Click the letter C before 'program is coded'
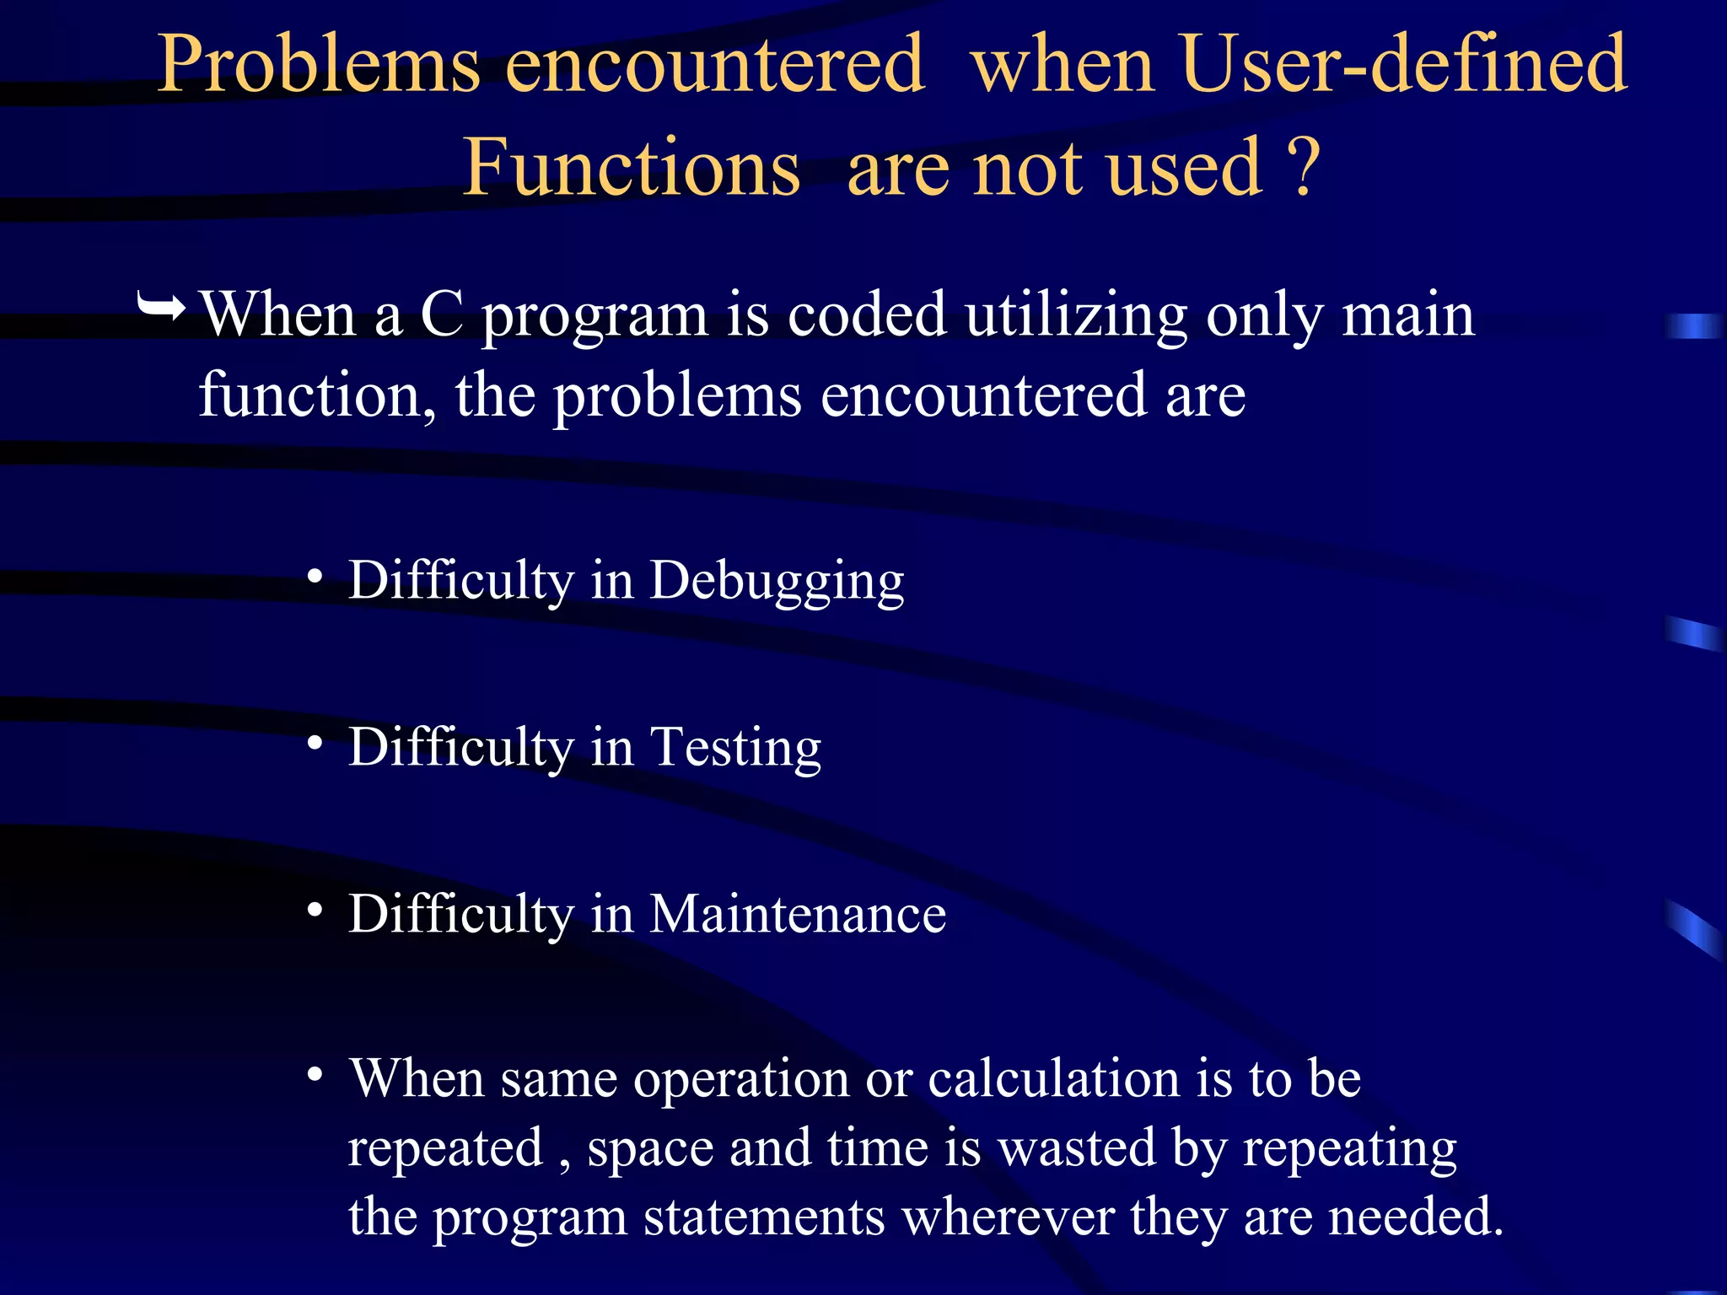point(442,315)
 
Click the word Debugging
point(777,582)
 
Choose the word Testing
point(735,748)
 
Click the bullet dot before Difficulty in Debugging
point(315,578)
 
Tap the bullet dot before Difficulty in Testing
point(315,743)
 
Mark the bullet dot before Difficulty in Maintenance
point(315,910)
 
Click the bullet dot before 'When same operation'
point(315,1075)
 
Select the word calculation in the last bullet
point(1053,1079)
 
